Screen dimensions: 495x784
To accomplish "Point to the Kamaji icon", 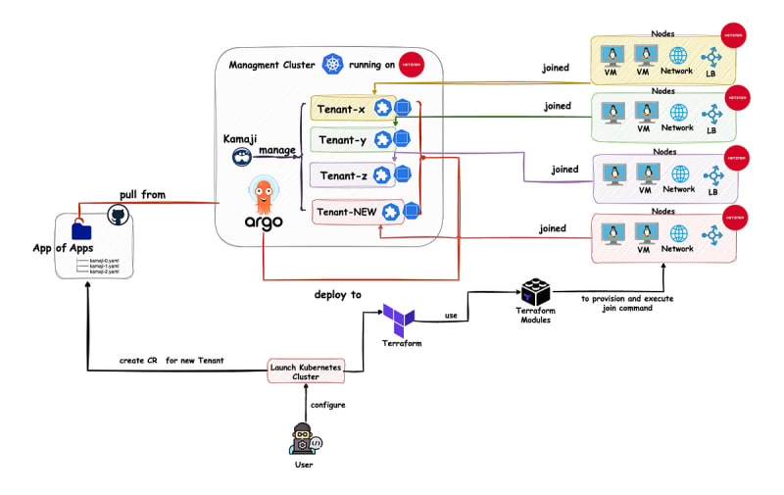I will pyautogui.click(x=240, y=157).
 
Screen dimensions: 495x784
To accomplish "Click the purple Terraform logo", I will pyautogui.click(x=399, y=320).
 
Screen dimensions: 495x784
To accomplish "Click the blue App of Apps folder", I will pyautogui.click(x=82, y=231).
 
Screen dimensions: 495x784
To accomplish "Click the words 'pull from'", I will pyautogui.click(x=143, y=194).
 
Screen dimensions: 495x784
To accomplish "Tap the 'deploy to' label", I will pyautogui.click(x=337, y=295).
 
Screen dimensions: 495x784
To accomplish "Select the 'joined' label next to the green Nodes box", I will pyautogui.click(x=558, y=106).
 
